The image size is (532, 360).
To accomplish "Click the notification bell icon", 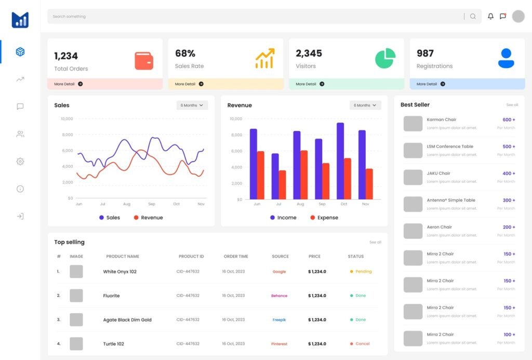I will (x=490, y=17).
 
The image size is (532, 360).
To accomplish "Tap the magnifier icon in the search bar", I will (x=473, y=17).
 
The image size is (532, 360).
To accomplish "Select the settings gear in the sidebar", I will (x=20, y=162).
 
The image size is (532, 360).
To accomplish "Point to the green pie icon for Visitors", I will (x=385, y=59).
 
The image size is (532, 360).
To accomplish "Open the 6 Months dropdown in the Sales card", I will (x=192, y=105).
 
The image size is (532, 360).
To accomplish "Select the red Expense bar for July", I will (x=282, y=184).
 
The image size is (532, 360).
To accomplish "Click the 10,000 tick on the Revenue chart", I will (x=236, y=119).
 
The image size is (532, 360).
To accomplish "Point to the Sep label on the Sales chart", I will (x=152, y=204).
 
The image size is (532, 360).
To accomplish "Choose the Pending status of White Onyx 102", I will (x=363, y=272).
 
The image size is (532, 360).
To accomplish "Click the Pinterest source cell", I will (x=279, y=344).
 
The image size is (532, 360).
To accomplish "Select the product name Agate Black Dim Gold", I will (x=127, y=320).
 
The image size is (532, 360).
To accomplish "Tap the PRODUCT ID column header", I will (x=191, y=257).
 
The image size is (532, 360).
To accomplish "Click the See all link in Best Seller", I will (x=512, y=105).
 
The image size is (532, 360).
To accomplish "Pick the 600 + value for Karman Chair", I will (x=509, y=119).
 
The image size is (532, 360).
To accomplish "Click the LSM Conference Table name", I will (x=450, y=146).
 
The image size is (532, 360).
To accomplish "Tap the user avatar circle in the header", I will (x=518, y=17).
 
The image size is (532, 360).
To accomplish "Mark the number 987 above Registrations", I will (x=425, y=53).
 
